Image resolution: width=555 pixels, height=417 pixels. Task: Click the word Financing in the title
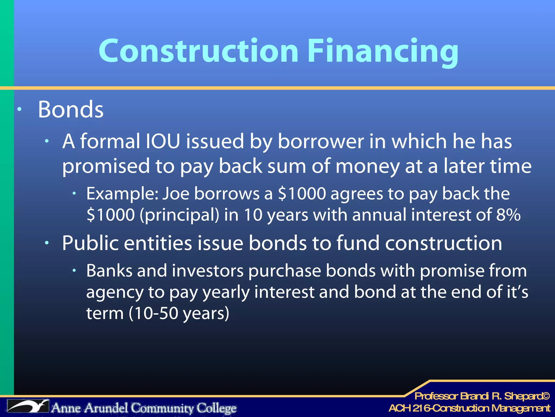point(383,52)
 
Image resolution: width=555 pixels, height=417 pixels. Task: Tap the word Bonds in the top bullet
point(70,109)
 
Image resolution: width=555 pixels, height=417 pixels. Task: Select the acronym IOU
point(163,141)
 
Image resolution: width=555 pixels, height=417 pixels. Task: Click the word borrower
point(321,141)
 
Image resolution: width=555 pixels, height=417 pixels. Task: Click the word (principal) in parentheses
point(179,215)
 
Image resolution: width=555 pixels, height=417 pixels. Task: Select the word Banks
point(109,271)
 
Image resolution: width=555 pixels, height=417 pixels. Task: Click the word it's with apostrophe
point(517,292)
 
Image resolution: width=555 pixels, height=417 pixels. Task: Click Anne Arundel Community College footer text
point(144,408)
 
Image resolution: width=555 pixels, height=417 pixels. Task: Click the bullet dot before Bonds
point(19,109)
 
